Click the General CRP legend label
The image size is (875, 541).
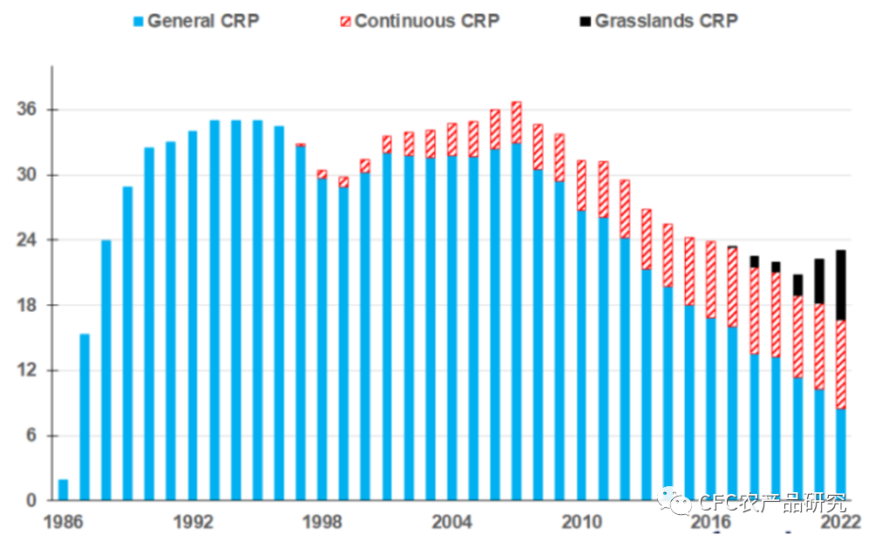point(203,21)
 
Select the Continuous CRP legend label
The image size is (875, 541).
point(427,21)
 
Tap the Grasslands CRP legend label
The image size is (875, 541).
point(667,21)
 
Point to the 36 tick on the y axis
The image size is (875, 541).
point(26,109)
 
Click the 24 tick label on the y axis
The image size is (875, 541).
point(26,240)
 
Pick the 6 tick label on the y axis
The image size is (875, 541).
point(31,436)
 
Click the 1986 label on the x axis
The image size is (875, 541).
point(63,522)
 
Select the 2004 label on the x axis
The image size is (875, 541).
point(451,522)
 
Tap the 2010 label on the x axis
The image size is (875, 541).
point(581,522)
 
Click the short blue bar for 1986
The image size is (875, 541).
point(63,490)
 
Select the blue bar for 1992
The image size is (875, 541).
point(193,315)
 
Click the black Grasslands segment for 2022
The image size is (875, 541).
point(841,286)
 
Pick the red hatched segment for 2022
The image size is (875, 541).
point(841,365)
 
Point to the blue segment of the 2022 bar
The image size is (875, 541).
point(841,455)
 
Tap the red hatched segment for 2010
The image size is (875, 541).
point(581,186)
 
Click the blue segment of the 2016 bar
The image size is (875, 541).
point(711,409)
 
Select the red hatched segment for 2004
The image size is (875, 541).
point(451,140)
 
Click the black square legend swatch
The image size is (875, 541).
point(586,22)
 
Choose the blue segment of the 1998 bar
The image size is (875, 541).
point(322,340)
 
